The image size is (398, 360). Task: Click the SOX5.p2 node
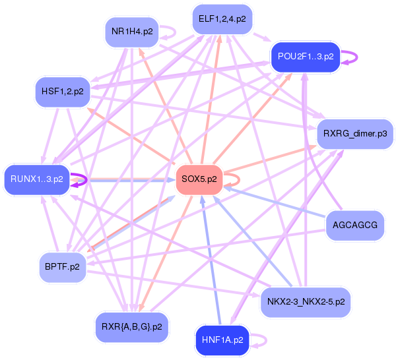(199, 179)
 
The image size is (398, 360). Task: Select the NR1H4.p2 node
(132, 32)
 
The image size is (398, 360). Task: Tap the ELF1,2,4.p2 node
(222, 19)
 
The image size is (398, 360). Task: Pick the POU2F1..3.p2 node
(304, 57)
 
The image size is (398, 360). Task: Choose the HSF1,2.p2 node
(61, 91)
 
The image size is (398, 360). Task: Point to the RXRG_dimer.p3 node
(355, 134)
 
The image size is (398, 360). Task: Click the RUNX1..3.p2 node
(36, 179)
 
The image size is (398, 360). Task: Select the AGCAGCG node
(355, 225)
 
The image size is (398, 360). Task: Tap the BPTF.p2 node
(63, 267)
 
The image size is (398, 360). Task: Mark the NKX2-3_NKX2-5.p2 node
(306, 302)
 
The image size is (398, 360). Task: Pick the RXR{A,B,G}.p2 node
(132, 326)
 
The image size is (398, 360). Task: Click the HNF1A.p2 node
(222, 340)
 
